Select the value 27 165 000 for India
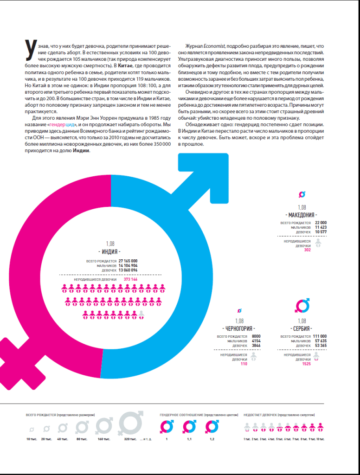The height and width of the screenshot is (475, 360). click(128, 261)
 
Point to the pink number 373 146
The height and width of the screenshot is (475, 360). click(130, 279)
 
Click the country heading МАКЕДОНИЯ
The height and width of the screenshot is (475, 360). click(302, 215)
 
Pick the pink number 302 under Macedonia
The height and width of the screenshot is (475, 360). click(307, 250)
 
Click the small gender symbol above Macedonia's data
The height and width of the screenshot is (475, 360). click(302, 194)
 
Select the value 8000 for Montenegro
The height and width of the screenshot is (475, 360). click(256, 336)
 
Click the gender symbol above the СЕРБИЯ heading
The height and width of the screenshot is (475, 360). click(302, 306)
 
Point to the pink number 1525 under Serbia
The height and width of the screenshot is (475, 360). click(306, 364)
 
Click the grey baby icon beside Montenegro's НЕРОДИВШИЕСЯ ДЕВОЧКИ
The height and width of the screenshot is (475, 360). click(254, 356)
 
